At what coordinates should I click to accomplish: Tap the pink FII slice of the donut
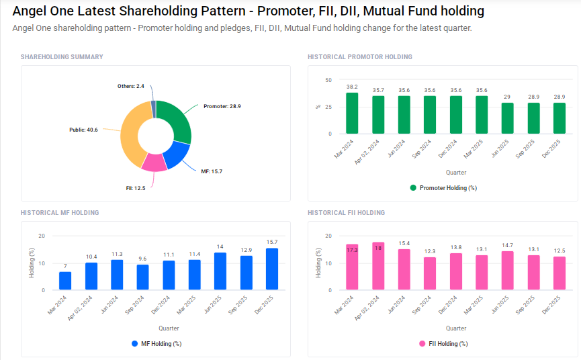pos(154,163)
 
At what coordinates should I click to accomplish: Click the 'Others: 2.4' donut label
pos(131,87)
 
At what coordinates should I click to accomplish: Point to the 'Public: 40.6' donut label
pos(83,130)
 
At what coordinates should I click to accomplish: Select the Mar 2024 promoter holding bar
pos(352,114)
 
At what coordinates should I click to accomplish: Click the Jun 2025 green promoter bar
pos(507,118)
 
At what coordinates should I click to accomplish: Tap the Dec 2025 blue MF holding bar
pos(272,269)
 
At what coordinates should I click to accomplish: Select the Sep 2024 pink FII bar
pos(430,273)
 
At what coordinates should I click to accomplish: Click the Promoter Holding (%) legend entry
pos(443,188)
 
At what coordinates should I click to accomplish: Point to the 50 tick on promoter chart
pos(328,80)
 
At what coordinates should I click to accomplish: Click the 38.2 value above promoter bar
pos(352,87)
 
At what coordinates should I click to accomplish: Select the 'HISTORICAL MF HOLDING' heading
pos(60,213)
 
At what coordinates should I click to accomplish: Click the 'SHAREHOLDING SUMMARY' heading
pos(62,57)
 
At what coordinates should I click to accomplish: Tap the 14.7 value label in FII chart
pos(507,245)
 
